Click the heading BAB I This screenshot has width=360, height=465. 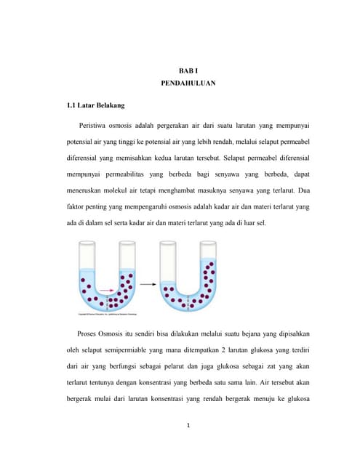coord(188,70)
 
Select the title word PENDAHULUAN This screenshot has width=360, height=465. coord(188,84)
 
